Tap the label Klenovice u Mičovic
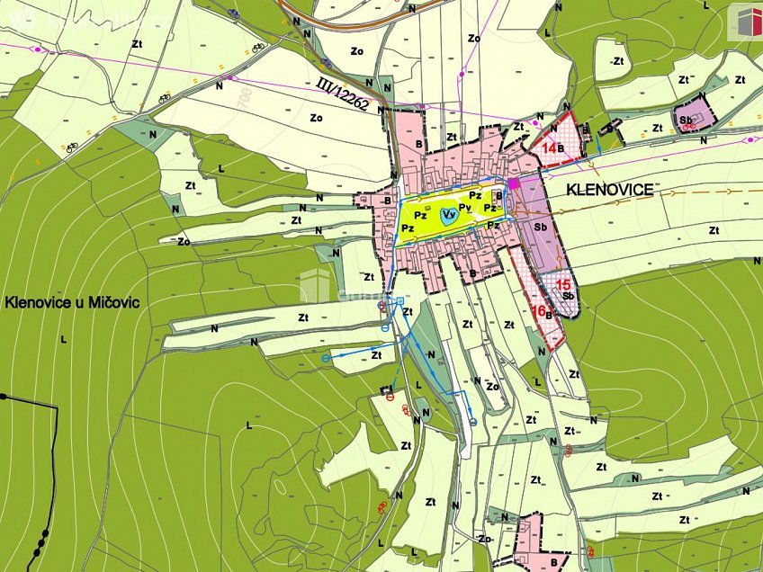click(x=72, y=302)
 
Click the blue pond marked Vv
click(x=447, y=214)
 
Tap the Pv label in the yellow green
click(x=465, y=208)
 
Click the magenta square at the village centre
click(x=514, y=183)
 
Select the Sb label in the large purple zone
click(x=541, y=228)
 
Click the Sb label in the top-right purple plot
click(x=687, y=119)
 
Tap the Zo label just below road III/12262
click(x=316, y=117)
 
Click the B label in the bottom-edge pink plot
click(x=553, y=560)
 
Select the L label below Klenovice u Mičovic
click(x=63, y=339)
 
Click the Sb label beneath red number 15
click(x=568, y=296)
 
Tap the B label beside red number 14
click(x=561, y=147)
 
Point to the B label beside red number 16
click(x=548, y=316)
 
